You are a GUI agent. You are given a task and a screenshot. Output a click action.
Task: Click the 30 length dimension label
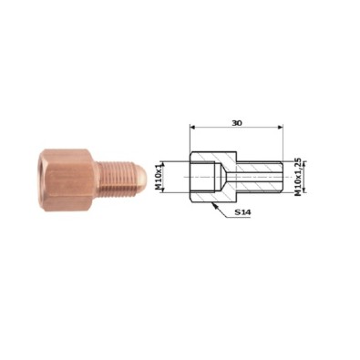click(237, 123)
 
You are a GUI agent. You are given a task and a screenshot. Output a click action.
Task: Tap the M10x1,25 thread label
click(298, 177)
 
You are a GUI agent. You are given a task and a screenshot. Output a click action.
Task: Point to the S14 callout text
click(243, 212)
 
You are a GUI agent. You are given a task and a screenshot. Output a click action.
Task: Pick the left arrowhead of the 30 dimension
click(192, 128)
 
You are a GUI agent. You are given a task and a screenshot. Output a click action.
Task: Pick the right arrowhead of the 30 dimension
click(280, 128)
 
